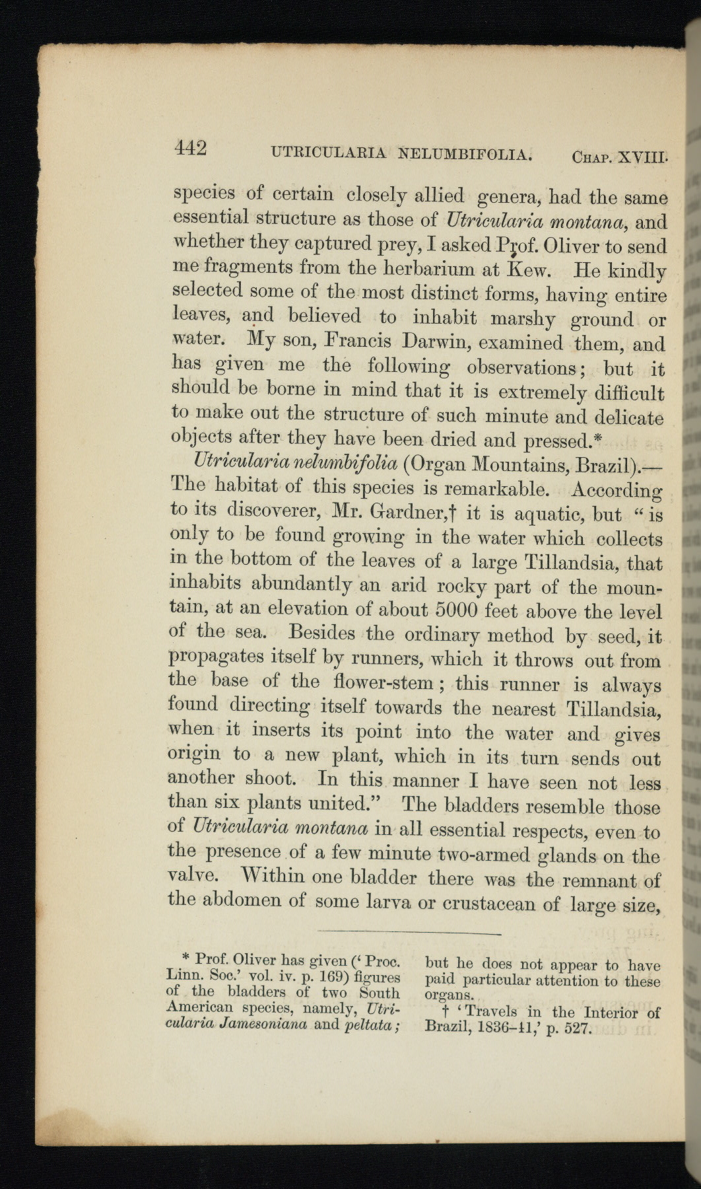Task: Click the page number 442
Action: [x=191, y=148]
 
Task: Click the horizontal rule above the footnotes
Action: [x=409, y=934]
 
